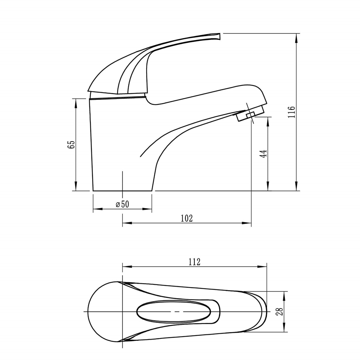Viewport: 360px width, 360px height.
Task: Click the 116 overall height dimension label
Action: [291, 112]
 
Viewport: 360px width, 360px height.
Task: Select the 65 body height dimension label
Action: [71, 145]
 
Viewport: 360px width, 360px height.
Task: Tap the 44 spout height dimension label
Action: [263, 154]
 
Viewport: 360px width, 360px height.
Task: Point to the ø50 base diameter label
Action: [122, 204]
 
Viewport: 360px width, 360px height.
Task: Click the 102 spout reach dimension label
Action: [186, 218]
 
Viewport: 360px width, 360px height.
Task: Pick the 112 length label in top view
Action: [194, 262]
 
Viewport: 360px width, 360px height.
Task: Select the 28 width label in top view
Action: [280, 311]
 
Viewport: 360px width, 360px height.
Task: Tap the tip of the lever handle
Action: [220, 36]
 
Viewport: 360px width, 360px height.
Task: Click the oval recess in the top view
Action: [174, 311]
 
